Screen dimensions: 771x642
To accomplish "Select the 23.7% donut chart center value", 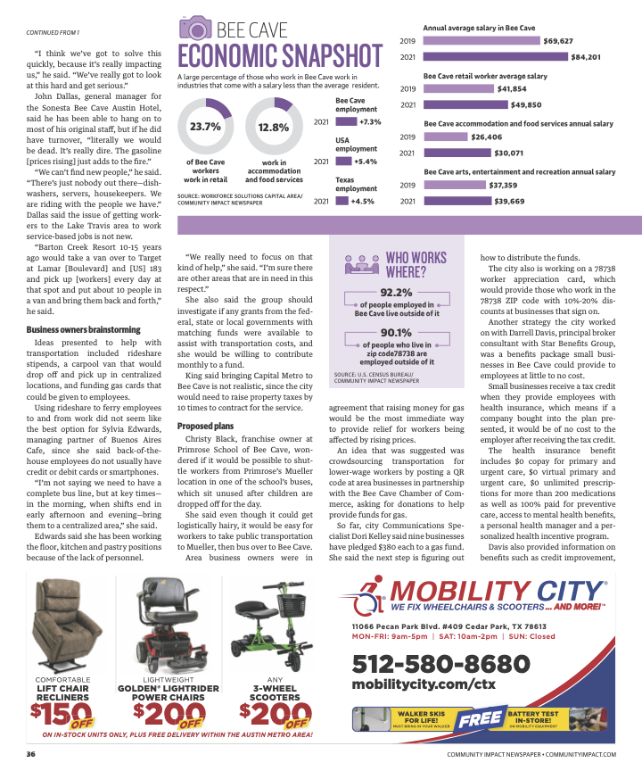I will (x=205, y=127).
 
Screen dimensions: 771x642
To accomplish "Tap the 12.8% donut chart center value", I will (x=273, y=128).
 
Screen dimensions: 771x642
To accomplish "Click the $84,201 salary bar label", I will (x=587, y=57).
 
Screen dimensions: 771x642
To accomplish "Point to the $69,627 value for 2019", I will (x=558, y=41).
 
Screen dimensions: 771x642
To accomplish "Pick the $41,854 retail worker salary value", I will (x=512, y=89).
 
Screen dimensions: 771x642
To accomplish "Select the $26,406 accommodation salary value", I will (x=486, y=137).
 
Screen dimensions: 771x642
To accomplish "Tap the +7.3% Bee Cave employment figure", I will (x=370, y=121).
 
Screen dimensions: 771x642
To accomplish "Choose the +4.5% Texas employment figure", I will (x=363, y=201).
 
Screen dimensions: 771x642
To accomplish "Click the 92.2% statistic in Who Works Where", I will (x=396, y=292).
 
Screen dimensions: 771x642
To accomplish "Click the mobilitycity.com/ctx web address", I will (x=423, y=684).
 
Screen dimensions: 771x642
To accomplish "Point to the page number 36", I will (x=30, y=754).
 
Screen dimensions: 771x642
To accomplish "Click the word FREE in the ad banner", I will (x=480, y=718).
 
